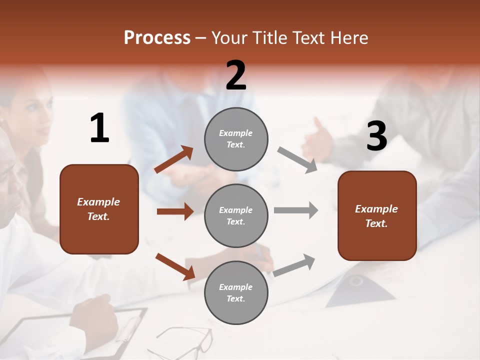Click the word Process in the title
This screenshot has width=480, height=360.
pos(157,38)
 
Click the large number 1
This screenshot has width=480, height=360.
pos(99,128)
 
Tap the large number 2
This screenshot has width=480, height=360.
pos(236,75)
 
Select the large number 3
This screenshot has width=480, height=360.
pos(376,136)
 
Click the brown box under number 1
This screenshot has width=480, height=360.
pos(99,209)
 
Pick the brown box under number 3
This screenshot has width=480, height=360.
pos(377,215)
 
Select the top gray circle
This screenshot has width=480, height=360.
pos(236,139)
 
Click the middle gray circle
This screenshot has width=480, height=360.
pos(236,215)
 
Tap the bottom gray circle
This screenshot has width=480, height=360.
pos(236,292)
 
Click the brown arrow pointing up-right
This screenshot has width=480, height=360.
pos(174,159)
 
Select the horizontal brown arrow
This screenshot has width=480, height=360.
pos(175,211)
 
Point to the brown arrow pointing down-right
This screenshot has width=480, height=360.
pos(175,266)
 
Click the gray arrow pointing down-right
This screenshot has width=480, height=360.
pos(297,160)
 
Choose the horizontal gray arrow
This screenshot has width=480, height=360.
pos(295,210)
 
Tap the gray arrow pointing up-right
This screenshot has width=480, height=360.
pos(294,265)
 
